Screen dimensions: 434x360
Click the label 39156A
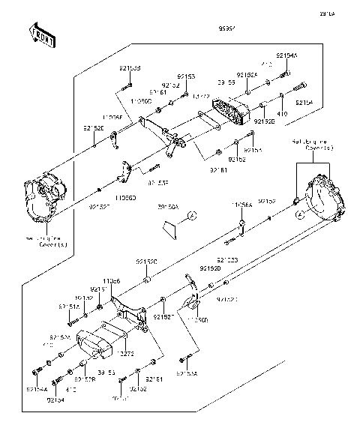coord(169,207)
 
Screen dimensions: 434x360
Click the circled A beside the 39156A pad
coord(192,216)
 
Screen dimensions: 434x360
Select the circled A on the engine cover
coord(299,214)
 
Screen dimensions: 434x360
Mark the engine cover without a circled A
coord(46,197)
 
